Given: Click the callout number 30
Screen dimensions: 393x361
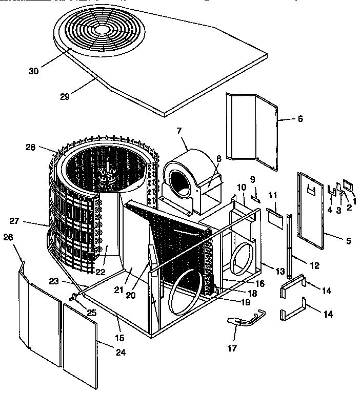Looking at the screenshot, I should [33, 71].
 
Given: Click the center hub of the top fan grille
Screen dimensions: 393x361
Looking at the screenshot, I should [104, 30].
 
